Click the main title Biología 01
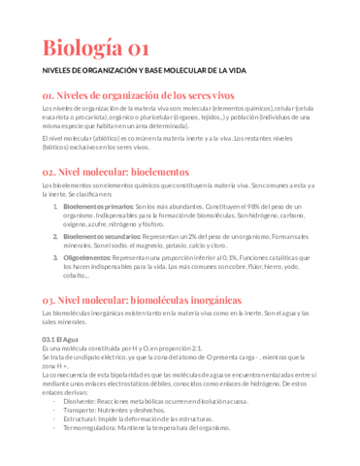tap(95, 49)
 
